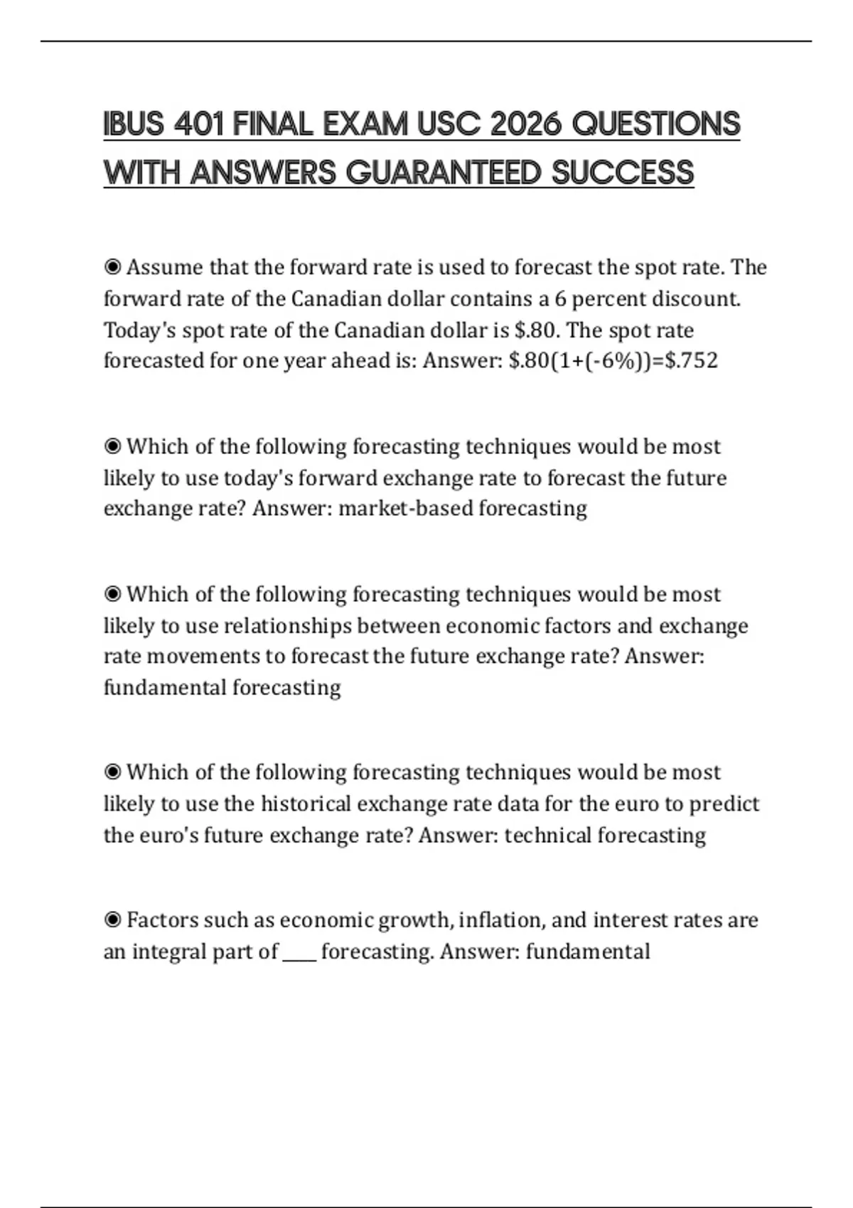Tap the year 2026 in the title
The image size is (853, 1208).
(x=525, y=125)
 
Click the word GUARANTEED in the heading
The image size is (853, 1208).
(x=443, y=173)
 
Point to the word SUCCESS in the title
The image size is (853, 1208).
(x=623, y=173)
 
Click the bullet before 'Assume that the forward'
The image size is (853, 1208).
(x=112, y=268)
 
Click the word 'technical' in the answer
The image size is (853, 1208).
(x=548, y=836)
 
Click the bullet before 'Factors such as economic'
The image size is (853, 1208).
(x=112, y=921)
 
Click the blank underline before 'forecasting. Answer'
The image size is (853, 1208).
(x=299, y=956)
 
